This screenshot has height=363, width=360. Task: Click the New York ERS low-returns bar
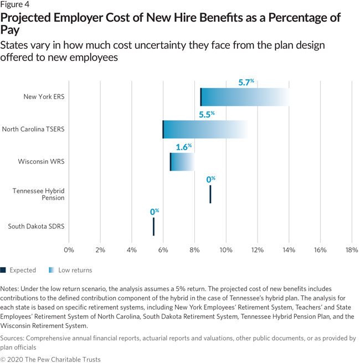[x=244, y=97]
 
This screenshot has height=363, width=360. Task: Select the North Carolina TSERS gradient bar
[x=205, y=130]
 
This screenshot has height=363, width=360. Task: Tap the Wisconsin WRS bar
[x=182, y=162]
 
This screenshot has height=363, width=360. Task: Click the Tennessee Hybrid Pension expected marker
[x=210, y=194]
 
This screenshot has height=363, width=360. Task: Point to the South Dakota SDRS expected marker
[x=153, y=226]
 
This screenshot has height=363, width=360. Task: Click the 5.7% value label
[x=246, y=82]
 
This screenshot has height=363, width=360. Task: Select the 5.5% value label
[x=207, y=115]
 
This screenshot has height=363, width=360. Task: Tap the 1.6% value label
[x=183, y=147]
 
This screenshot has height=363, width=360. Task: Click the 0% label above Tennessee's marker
[x=210, y=179]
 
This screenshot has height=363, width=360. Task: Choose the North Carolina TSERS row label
[x=33, y=130]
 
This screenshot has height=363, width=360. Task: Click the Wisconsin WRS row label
[x=41, y=162]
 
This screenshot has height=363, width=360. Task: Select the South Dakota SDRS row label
[x=36, y=226]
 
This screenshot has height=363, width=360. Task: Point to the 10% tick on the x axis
[x=226, y=250]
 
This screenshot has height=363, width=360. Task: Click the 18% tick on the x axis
[x=351, y=250]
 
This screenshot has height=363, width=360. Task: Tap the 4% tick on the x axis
[x=131, y=250]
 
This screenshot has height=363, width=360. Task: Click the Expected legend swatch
[x=3, y=270]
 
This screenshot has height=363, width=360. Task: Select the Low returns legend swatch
[x=52, y=270]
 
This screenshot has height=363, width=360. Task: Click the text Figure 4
[x=16, y=6]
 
